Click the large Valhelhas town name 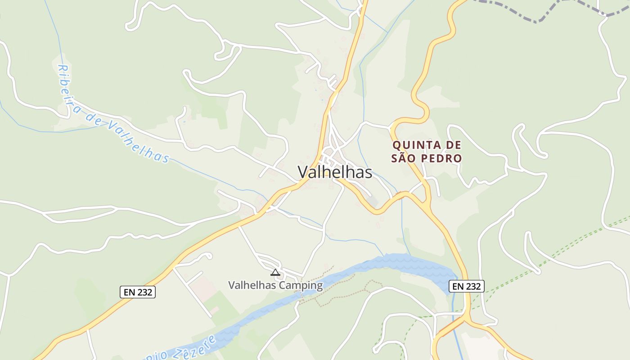point(335,172)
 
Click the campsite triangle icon point(275,272)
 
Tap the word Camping point(301,285)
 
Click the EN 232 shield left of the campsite point(138,292)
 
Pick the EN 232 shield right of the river point(467,286)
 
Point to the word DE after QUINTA point(453,145)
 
